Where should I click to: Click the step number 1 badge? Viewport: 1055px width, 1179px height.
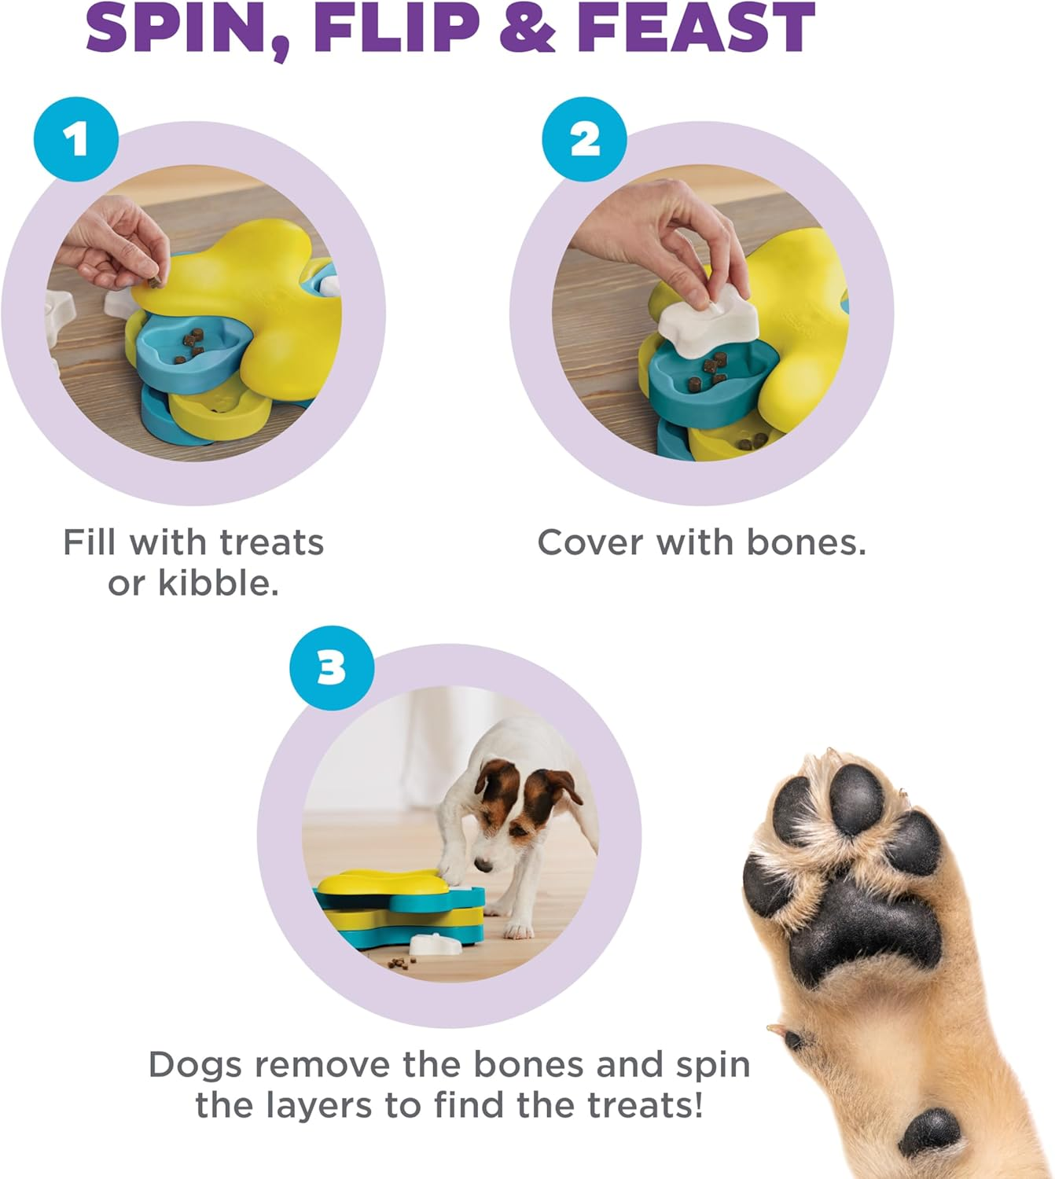76,140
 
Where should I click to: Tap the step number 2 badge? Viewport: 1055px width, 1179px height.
585,140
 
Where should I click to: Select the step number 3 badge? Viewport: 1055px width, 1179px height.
332,668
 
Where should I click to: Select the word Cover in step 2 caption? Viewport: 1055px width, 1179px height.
590,542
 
